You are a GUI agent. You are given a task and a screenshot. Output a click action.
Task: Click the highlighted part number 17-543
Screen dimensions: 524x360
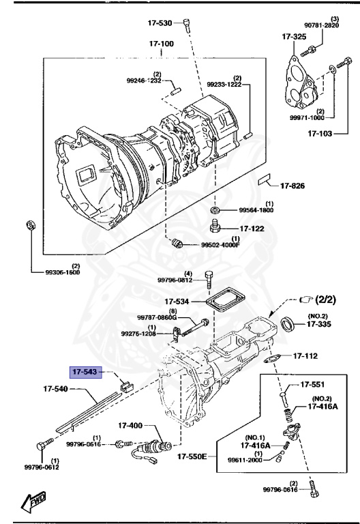(x=85, y=372)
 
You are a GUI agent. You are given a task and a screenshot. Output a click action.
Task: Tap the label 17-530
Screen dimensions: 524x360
(x=160, y=23)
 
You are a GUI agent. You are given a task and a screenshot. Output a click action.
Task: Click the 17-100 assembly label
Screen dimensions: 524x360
(x=163, y=44)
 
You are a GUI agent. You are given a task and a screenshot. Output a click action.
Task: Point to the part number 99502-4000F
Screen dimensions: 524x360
(x=220, y=244)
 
